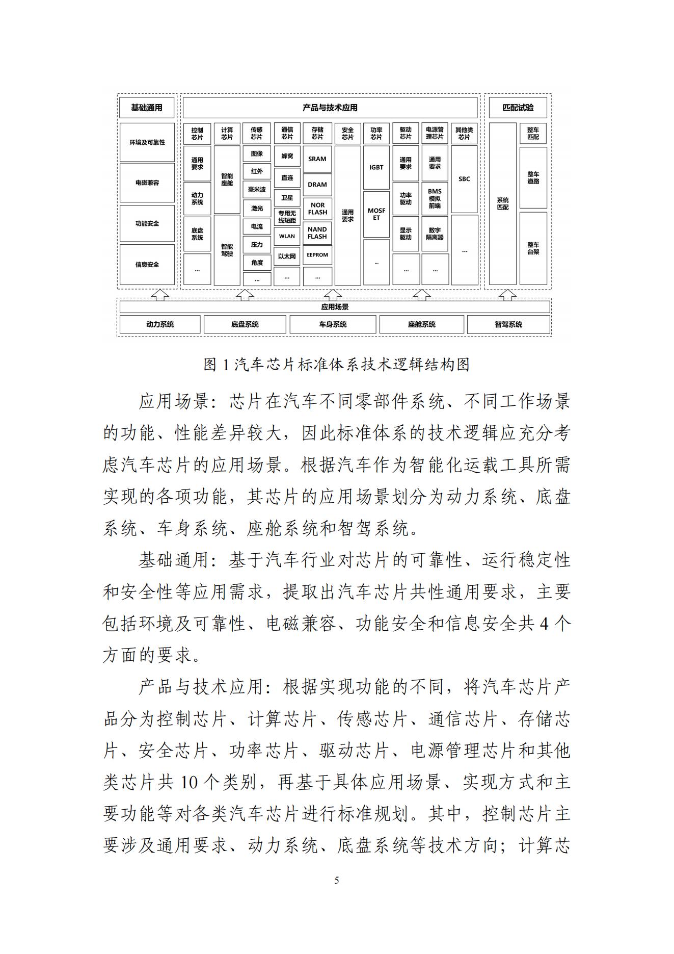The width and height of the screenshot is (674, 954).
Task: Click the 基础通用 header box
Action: click(x=147, y=108)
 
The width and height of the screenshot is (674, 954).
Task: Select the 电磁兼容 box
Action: click(x=147, y=183)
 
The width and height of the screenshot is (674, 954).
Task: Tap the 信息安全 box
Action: click(x=147, y=264)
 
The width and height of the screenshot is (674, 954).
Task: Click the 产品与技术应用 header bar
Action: click(x=330, y=108)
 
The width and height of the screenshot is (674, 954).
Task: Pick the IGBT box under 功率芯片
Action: click(x=376, y=167)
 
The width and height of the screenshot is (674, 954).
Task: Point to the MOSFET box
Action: click(x=376, y=214)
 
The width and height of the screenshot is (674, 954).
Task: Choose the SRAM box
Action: click(x=317, y=159)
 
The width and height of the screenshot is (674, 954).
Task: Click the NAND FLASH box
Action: click(x=317, y=233)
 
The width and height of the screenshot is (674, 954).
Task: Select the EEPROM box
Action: click(x=317, y=254)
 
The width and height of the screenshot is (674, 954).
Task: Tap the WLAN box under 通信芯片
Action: click(x=287, y=236)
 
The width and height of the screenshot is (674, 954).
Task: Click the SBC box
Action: click(x=464, y=179)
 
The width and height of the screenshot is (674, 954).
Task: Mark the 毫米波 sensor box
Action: click(x=257, y=190)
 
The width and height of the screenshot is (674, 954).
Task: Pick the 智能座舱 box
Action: click(x=227, y=179)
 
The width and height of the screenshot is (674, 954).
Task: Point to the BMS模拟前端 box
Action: click(x=435, y=198)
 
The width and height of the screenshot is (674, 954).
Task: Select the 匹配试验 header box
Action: click(x=518, y=108)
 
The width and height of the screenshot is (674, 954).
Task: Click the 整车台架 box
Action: click(x=533, y=248)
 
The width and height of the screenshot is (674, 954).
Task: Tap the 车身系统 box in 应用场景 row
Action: click(x=333, y=324)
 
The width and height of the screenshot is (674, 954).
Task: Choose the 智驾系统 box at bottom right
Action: click(x=508, y=324)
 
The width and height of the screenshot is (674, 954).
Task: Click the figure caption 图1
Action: click(x=336, y=365)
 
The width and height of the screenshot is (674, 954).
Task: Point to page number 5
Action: click(x=336, y=880)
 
